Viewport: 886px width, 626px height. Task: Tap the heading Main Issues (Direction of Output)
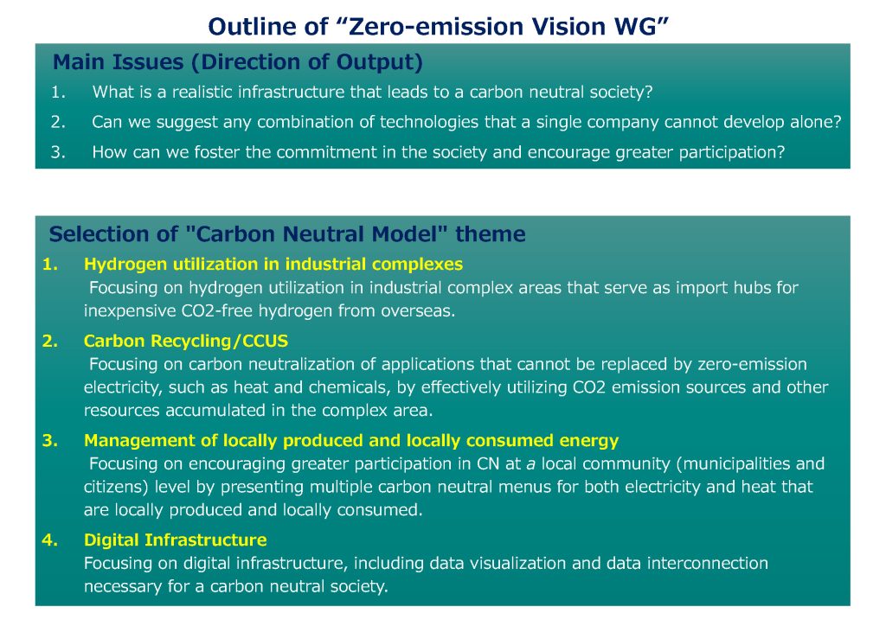point(238,62)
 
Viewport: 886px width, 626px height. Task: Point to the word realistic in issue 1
point(202,92)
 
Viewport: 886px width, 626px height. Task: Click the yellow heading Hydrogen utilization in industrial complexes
point(273,265)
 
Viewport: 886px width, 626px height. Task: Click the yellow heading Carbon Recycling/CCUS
point(186,341)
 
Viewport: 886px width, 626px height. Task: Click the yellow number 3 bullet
point(49,440)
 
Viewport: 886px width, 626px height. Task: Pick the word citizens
point(117,487)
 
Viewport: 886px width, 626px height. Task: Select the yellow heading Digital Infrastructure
point(175,540)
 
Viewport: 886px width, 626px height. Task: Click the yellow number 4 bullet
point(49,540)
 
